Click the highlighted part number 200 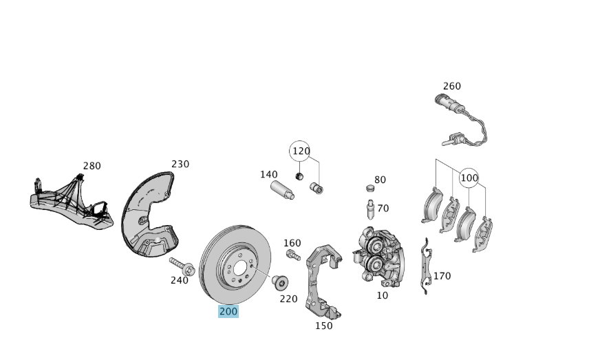[x=228, y=311]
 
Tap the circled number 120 [x=301, y=151]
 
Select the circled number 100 [x=469, y=178]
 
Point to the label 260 [x=451, y=86]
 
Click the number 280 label [x=92, y=166]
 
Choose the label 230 [x=180, y=164]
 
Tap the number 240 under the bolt [x=179, y=280]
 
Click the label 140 [x=268, y=174]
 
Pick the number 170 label [x=442, y=276]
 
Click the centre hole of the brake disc [x=240, y=269]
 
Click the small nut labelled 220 [x=279, y=282]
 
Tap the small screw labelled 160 [x=292, y=255]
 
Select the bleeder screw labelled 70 [x=370, y=208]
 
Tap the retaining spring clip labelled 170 [x=427, y=268]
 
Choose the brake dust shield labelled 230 [x=148, y=217]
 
